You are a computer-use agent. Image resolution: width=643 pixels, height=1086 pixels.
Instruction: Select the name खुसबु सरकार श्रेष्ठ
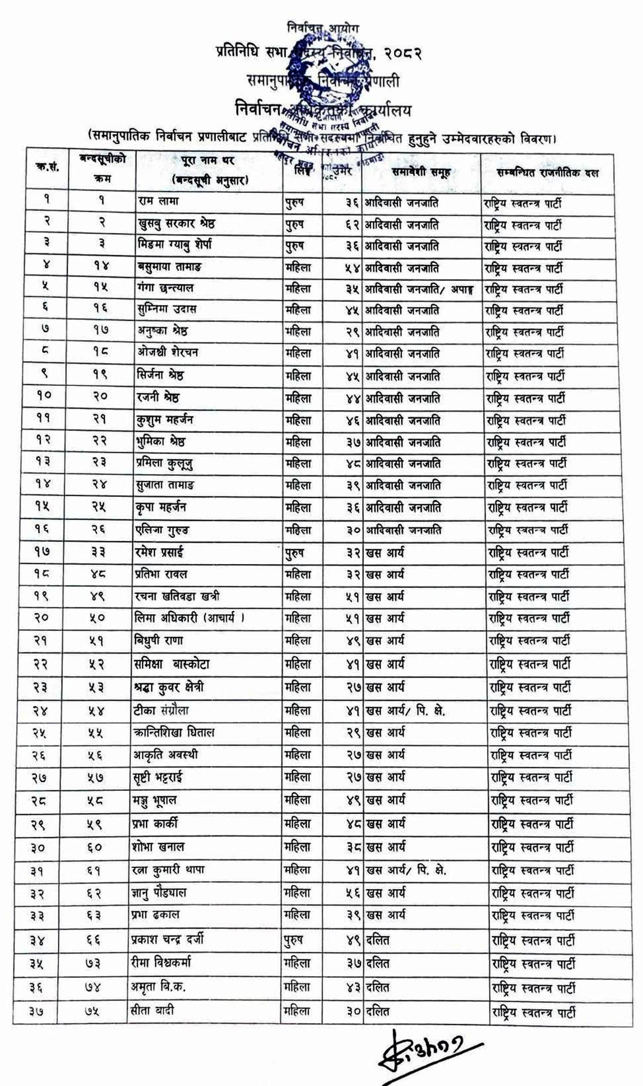coord(176,223)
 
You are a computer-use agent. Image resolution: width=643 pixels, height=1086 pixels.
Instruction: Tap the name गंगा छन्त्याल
coord(165,288)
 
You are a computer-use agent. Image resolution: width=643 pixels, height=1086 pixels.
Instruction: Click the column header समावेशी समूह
coord(421,172)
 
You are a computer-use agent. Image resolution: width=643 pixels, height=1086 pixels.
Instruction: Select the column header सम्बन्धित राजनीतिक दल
coord(547,173)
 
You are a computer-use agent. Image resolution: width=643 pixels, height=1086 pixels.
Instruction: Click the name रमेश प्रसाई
coord(159,552)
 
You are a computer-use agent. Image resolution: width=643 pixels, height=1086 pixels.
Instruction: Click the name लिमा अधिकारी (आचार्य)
coord(189,617)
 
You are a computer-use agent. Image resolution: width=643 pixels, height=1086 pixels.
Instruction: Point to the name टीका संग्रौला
coord(161,710)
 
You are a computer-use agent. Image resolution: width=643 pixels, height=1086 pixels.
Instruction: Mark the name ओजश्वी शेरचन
coord(168,352)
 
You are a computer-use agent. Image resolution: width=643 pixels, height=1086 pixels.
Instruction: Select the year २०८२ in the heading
coord(403,53)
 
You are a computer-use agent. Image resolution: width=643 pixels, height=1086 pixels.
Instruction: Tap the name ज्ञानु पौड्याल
coord(159,892)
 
